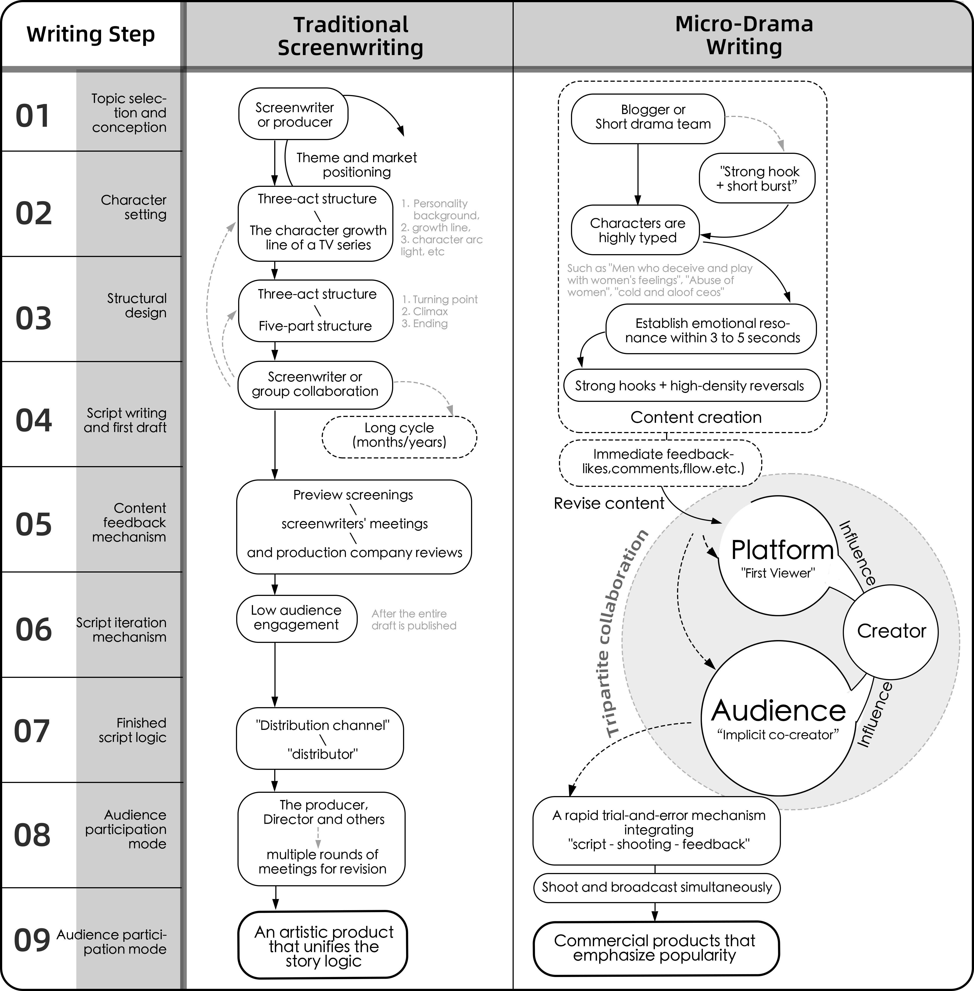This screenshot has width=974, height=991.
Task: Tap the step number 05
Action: pyautogui.click(x=34, y=525)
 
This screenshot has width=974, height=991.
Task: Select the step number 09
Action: pyautogui.click(x=32, y=940)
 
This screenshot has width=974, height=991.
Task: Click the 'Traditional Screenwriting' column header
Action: pyautogui.click(x=350, y=36)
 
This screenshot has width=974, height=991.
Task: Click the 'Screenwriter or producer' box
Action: pyautogui.click(x=294, y=115)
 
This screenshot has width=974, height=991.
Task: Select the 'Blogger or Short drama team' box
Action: pyautogui.click(x=648, y=118)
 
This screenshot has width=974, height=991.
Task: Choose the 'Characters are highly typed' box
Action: pyautogui.click(x=635, y=231)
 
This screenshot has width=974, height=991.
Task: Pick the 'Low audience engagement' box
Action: pyautogui.click(x=296, y=618)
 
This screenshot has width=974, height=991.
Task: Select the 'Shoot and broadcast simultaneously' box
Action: pyautogui.click(x=656, y=887)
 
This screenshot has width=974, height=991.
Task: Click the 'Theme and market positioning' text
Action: pyautogui.click(x=356, y=165)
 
